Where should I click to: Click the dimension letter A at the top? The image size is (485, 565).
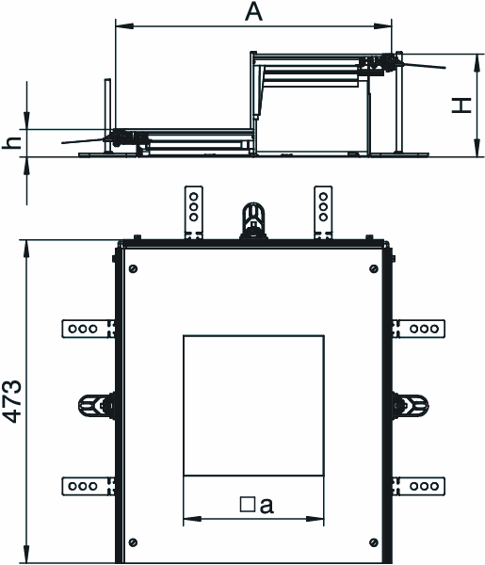[x=253, y=12]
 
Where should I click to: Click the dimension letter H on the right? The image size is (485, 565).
[x=461, y=105]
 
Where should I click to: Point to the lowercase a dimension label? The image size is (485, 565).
[x=267, y=505]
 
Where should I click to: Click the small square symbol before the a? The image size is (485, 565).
[x=247, y=505]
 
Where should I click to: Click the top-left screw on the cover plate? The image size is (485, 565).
[x=133, y=268]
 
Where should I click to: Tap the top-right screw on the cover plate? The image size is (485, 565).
[x=374, y=268]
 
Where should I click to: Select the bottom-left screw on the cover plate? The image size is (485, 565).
[x=133, y=542]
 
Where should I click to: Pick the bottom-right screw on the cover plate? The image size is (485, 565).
[x=374, y=542]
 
